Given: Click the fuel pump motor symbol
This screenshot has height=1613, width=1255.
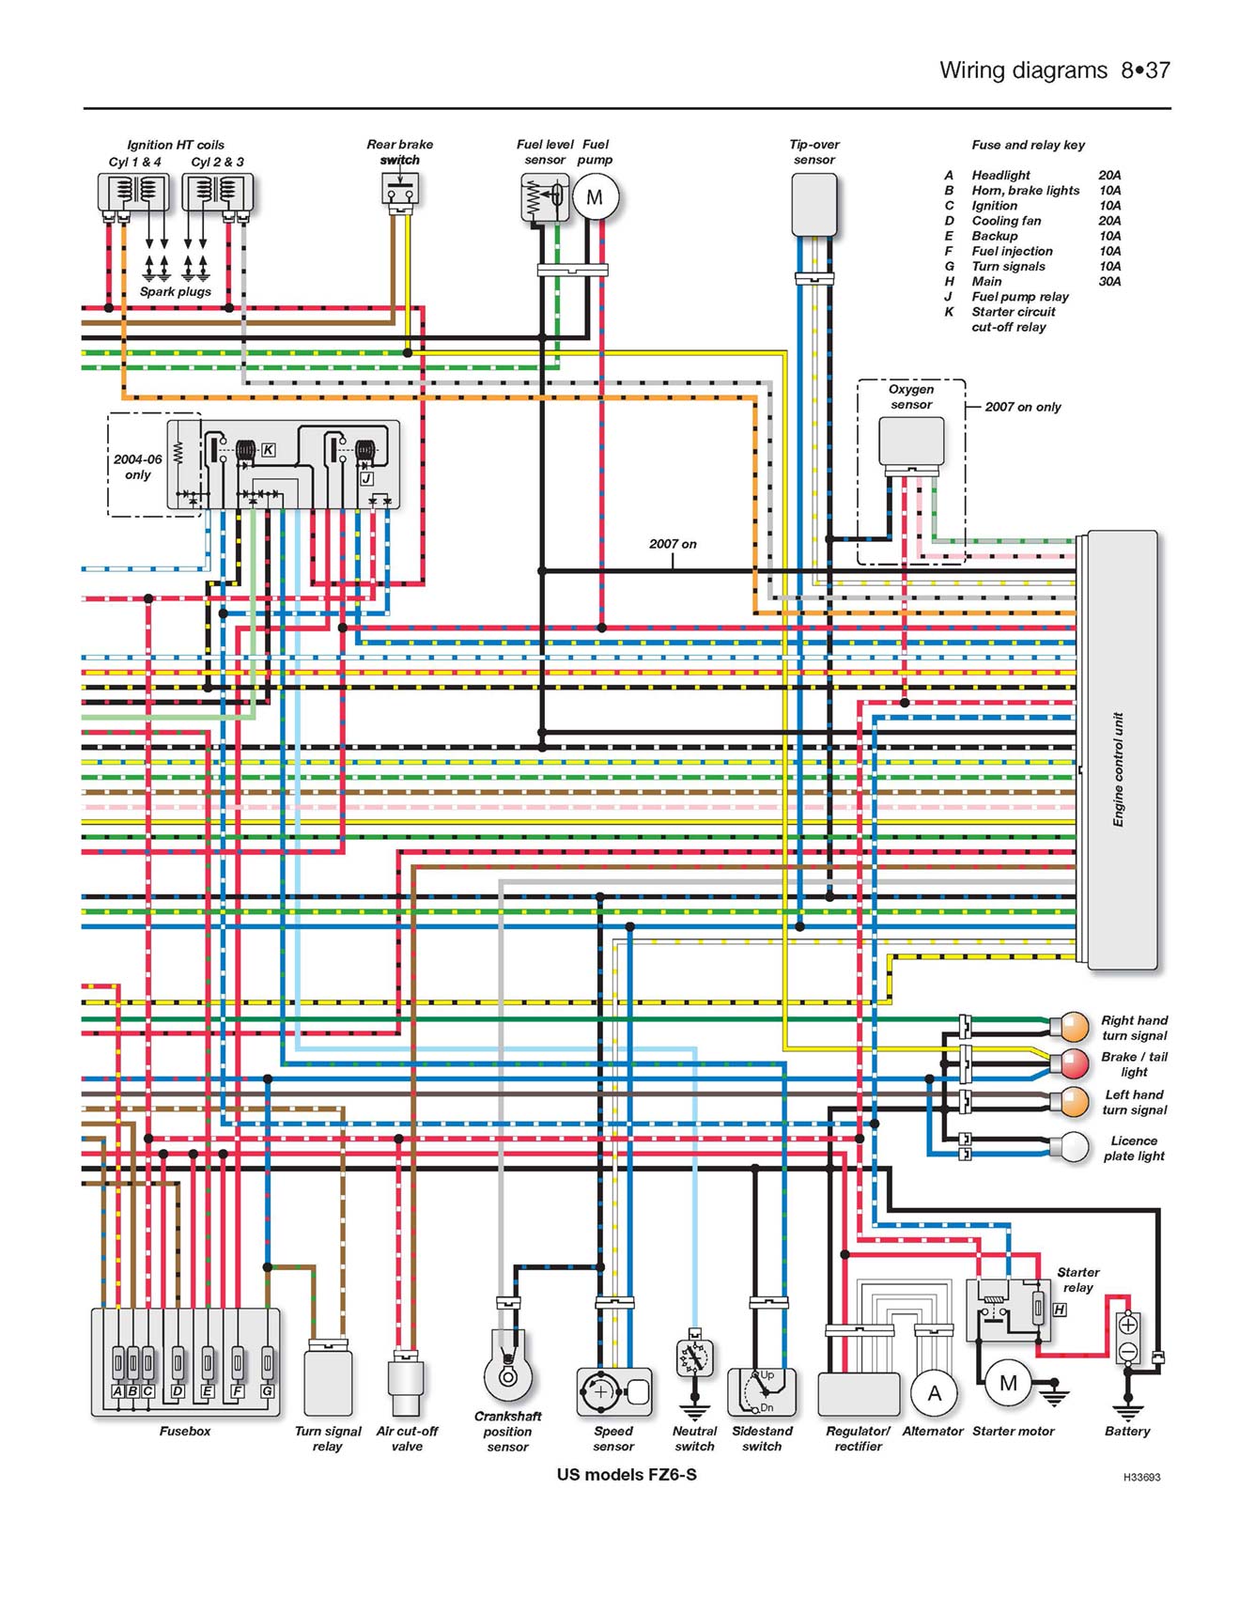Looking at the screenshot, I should (595, 198).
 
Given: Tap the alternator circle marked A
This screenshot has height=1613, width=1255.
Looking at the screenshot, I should (934, 1393).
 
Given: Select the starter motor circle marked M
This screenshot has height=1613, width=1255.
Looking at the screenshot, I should (1008, 1383).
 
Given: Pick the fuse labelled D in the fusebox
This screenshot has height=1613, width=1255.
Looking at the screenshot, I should (178, 1361).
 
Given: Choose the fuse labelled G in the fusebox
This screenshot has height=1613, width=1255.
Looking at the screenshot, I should (268, 1361).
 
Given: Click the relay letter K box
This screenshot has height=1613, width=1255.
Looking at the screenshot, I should (268, 450).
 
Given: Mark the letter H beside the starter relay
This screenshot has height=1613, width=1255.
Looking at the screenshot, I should (1060, 1309).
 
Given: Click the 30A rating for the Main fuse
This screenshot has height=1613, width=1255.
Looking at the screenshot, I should (1109, 281).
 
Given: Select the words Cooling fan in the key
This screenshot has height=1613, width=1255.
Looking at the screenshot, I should (1006, 221).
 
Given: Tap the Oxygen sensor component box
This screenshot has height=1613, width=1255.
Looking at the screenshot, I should (911, 441).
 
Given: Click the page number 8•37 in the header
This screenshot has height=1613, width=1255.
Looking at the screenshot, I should (1145, 70).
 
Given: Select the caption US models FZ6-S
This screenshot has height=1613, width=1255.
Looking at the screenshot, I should (627, 1474).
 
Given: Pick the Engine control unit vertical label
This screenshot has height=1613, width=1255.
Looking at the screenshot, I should (1118, 769).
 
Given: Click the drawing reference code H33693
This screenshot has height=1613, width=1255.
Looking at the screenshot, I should (1141, 1477).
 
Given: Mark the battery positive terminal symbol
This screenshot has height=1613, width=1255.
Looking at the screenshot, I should (1128, 1326).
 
